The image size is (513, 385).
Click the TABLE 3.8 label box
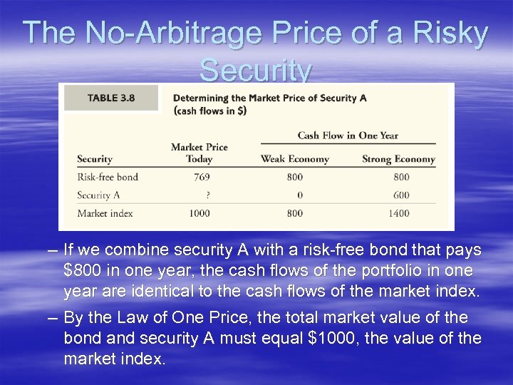[111, 98]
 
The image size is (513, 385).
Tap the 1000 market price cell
[199, 213]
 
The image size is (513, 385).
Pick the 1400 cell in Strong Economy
[398, 213]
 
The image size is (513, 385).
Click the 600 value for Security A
[400, 195]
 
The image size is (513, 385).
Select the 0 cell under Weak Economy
[299, 195]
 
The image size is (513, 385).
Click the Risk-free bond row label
[108, 177]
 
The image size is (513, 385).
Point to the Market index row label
[105, 213]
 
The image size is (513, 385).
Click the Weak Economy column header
[294, 159]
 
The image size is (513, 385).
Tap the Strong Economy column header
[398, 159]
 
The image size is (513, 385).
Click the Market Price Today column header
[199, 153]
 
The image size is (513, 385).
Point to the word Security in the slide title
[255, 71]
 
